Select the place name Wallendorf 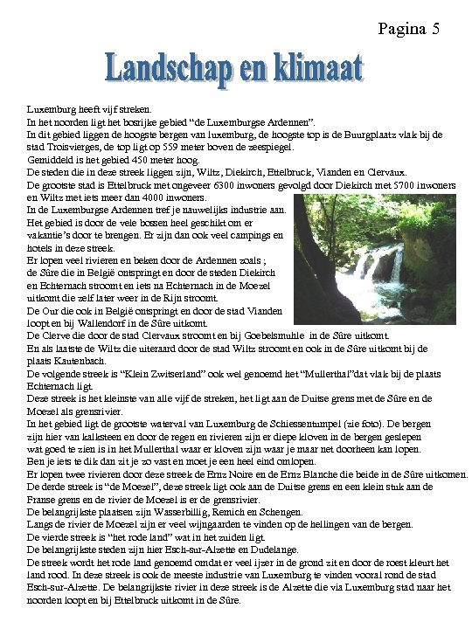(x=91, y=323)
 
